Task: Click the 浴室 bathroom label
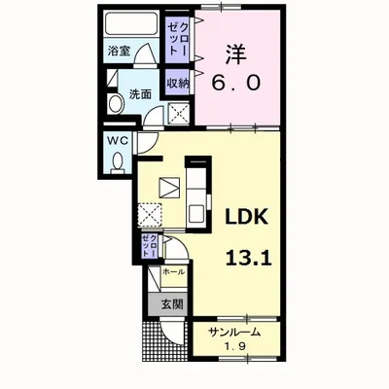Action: pyautogui.click(x=120, y=51)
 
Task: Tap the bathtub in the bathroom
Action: pyautogui.click(x=131, y=23)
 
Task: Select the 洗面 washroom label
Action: pyautogui.click(x=140, y=94)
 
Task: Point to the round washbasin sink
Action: pyautogui.click(x=116, y=104)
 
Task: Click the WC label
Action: pyautogui.click(x=118, y=141)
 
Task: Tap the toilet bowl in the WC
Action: pyautogui.click(x=118, y=163)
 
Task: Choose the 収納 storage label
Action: pyautogui.click(x=178, y=84)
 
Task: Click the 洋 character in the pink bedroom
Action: pyautogui.click(x=236, y=54)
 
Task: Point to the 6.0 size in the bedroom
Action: pyautogui.click(x=236, y=83)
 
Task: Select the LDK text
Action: pyautogui.click(x=247, y=216)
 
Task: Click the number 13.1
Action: pyautogui.click(x=248, y=258)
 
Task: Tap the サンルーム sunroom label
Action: pyautogui.click(x=234, y=332)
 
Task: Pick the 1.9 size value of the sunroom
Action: pyautogui.click(x=235, y=346)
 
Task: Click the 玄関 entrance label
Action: pyautogui.click(x=172, y=304)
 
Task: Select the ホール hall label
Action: pyautogui.click(x=174, y=271)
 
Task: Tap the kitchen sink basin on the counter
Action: pyautogui.click(x=196, y=213)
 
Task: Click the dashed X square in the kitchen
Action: pyautogui.click(x=150, y=214)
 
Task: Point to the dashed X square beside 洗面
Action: pyautogui.click(x=179, y=113)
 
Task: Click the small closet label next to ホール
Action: pyautogui.click(x=150, y=246)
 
